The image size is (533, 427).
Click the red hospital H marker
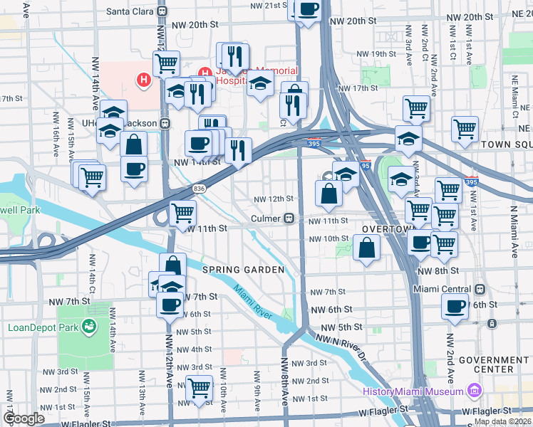point(145,80)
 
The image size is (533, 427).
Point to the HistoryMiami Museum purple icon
point(473,391)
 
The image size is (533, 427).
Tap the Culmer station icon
point(290,218)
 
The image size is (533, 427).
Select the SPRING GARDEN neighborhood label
point(243,270)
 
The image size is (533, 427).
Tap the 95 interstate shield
point(366,166)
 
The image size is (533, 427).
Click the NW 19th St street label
point(376,54)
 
